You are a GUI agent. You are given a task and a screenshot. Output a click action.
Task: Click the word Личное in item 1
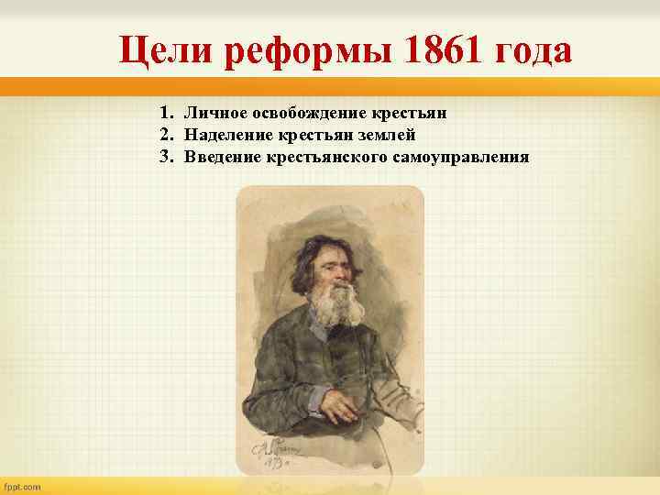pos(214,113)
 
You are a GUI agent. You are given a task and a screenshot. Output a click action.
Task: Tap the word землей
pos(390,135)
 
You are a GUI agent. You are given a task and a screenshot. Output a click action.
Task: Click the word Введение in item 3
pos(221,157)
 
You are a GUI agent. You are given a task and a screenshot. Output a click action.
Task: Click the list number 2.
pos(165,135)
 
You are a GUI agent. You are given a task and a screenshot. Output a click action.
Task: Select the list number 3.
pos(165,157)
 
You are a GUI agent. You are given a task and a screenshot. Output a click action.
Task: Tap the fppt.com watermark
pos(25,486)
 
